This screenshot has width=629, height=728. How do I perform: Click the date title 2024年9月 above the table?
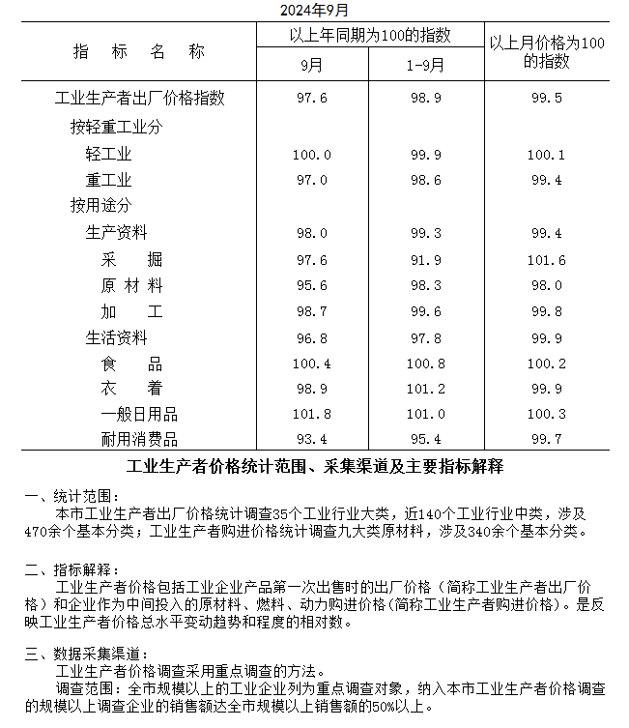point(314,10)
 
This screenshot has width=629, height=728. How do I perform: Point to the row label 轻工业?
point(108,155)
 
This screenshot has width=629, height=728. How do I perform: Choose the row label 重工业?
point(108,181)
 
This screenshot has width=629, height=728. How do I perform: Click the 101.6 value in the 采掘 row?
point(546,260)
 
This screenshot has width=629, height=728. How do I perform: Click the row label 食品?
point(131,364)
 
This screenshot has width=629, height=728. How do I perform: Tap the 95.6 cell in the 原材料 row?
point(311,286)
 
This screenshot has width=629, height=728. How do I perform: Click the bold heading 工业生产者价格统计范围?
point(314,467)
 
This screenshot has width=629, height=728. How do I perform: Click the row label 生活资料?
point(116,338)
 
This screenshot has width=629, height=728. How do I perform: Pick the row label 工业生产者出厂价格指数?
point(140,99)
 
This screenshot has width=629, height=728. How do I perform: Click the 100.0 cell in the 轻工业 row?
point(311,155)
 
